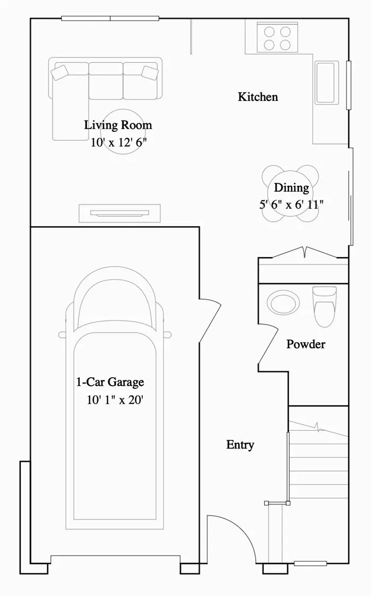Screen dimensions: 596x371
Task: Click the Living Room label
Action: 118,125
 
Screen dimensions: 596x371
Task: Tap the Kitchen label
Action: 257,97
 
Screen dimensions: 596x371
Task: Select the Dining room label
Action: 291,188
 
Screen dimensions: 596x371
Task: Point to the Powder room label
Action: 306,344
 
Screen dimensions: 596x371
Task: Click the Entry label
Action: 240,445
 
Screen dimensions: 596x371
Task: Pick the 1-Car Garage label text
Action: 110,382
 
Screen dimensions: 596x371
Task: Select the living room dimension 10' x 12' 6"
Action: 118,142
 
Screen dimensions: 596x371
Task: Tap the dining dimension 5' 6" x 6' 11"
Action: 291,204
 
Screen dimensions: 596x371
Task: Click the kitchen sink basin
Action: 326,82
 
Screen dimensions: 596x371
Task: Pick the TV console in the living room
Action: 119,213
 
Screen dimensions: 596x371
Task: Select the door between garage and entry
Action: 210,319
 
